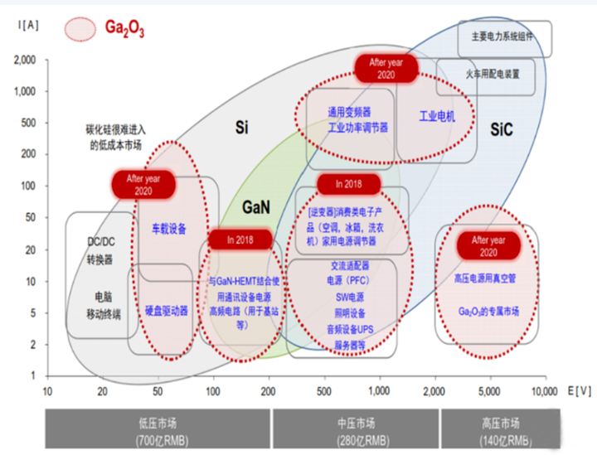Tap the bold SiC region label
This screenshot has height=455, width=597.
tap(502, 130)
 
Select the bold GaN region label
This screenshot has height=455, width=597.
tap(255, 206)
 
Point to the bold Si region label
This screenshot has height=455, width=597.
tap(242, 128)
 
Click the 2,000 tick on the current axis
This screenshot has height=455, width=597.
tap(24, 60)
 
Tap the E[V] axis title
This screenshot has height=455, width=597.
tap(578, 390)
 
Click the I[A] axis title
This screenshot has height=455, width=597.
tap(25, 25)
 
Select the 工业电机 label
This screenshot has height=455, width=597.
tap(437, 117)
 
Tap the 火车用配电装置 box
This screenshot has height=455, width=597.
tap(485, 75)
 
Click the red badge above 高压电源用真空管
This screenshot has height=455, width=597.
tap(488, 245)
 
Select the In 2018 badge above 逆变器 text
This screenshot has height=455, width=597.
tap(348, 183)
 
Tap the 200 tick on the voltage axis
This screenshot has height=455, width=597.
tap(268, 390)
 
